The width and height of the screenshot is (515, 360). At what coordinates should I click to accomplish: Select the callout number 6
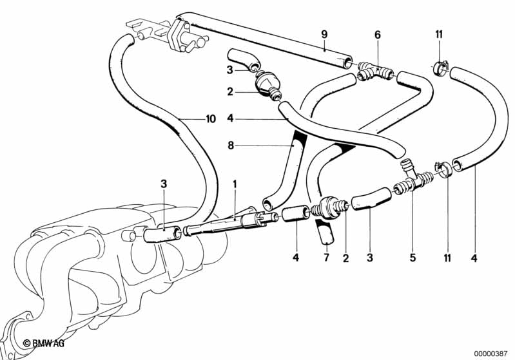[378, 34]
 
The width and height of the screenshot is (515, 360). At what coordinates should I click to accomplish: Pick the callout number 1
[235, 184]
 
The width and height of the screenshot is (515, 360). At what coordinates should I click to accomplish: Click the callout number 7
[327, 259]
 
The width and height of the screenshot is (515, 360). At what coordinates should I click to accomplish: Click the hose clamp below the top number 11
[440, 65]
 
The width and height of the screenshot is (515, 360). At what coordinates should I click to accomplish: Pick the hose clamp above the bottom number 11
[443, 169]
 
